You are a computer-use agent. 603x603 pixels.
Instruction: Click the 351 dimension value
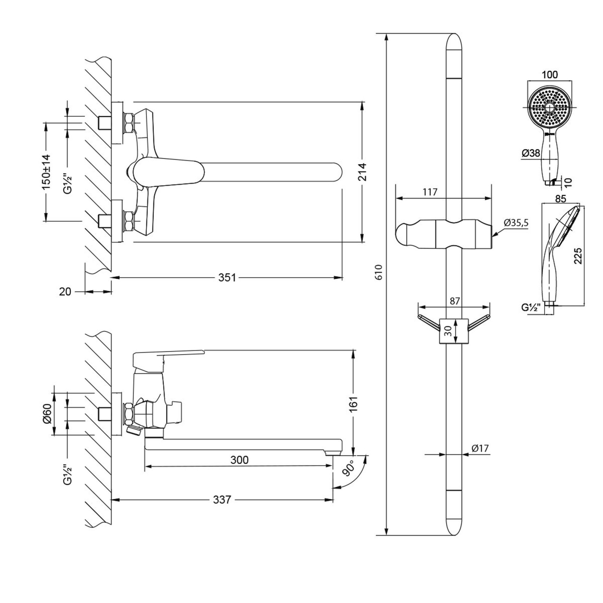(x=227, y=278)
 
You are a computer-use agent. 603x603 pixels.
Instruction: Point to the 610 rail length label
(x=379, y=272)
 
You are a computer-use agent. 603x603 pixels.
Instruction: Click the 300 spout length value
(x=240, y=460)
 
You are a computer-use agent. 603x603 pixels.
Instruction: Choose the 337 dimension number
(x=222, y=500)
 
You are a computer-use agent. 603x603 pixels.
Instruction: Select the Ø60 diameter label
(x=47, y=414)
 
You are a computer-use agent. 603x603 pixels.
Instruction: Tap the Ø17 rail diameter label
(x=480, y=448)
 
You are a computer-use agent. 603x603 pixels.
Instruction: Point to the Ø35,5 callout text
(x=516, y=223)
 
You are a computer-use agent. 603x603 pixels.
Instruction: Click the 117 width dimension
(x=430, y=192)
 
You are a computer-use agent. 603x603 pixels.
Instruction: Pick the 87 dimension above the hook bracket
(x=455, y=301)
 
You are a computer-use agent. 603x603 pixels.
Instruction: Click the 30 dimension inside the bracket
(x=448, y=331)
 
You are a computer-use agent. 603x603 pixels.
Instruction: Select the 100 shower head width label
(x=550, y=75)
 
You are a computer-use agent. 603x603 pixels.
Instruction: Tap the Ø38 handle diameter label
(x=531, y=153)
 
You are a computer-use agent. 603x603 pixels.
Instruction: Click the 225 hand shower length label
(x=578, y=256)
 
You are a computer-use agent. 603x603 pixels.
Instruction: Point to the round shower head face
(x=550, y=107)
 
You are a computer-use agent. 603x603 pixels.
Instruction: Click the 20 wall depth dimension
(x=65, y=291)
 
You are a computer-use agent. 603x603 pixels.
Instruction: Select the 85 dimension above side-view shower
(x=561, y=198)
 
